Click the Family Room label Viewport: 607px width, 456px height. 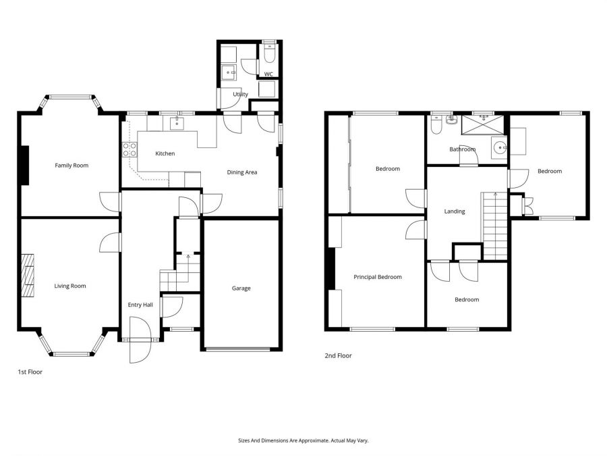[71, 166]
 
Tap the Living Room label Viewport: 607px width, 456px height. [70, 286]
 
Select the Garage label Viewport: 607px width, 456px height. [241, 288]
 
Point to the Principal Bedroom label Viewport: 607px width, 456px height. [378, 277]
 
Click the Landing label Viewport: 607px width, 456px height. [455, 211]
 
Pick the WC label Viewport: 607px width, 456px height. [268, 74]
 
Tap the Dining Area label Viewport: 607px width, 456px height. [242, 172]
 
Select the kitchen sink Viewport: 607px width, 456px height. [176, 123]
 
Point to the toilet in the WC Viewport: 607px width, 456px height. [269, 54]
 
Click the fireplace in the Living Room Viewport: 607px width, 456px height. [28, 276]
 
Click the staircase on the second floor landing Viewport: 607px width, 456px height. [495, 226]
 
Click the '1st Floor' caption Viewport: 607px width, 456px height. [30, 372]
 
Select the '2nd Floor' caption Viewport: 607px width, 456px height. [339, 355]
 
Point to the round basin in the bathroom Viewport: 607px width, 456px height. [500, 147]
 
